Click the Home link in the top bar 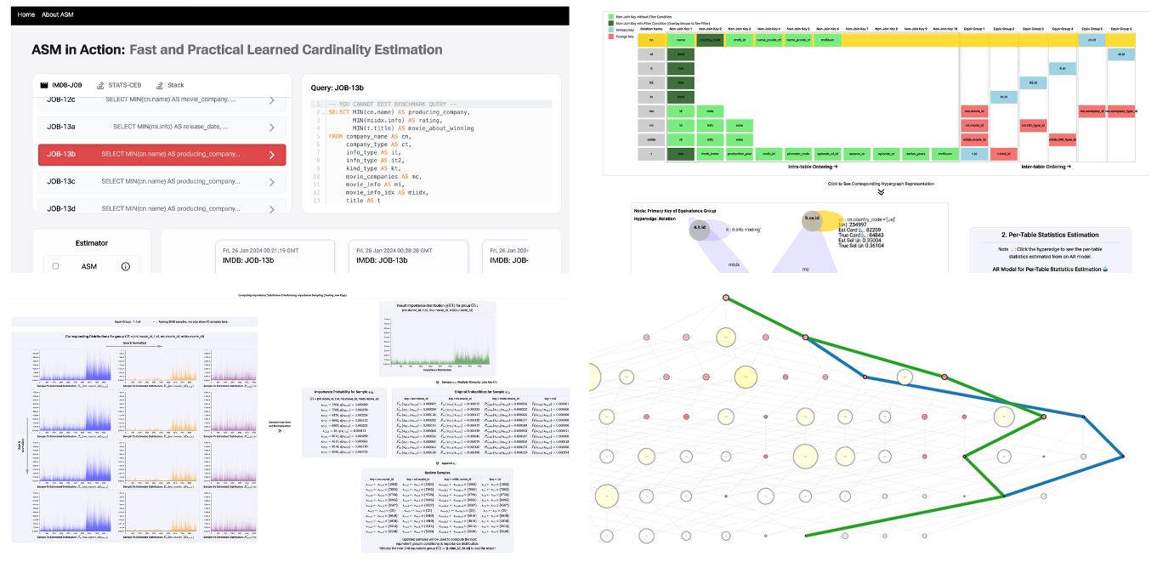pyautogui.click(x=26, y=15)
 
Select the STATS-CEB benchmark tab pyautogui.click(x=117, y=85)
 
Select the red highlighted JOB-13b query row pyautogui.click(x=162, y=155)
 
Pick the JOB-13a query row pyautogui.click(x=162, y=128)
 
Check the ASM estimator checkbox pyautogui.click(x=56, y=266)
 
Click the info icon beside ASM pyautogui.click(x=125, y=266)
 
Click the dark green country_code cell pyautogui.click(x=709, y=39)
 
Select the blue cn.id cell pyautogui.click(x=1091, y=39)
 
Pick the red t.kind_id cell pyautogui.click(x=1003, y=154)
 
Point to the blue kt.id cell pyautogui.click(x=1003, y=97)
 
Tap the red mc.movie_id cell pyautogui.click(x=973, y=111)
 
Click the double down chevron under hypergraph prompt pyautogui.click(x=881, y=192)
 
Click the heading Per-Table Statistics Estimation pyautogui.click(x=1051, y=234)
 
